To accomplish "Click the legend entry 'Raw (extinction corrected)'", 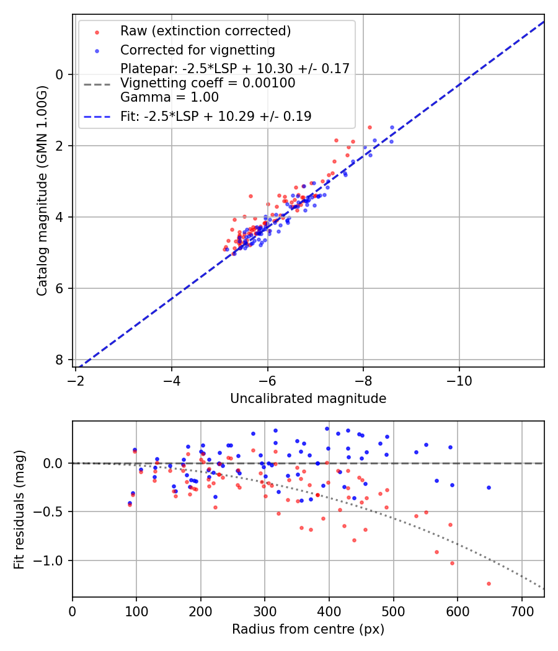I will (x=205, y=31).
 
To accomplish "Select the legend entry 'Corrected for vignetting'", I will (x=198, y=50).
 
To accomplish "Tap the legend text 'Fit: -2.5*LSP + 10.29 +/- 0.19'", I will (x=216, y=116).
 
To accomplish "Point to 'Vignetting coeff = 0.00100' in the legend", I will (x=208, y=82).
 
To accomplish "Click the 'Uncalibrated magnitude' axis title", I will (x=308, y=399).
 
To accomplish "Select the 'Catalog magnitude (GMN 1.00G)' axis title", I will (x=42, y=216).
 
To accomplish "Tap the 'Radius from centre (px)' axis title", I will (x=308, y=629).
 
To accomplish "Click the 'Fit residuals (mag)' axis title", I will (x=19, y=509).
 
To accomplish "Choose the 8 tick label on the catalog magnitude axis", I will (x=60, y=360).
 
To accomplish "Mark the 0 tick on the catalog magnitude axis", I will (x=60, y=74).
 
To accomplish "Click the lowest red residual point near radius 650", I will (x=489, y=583).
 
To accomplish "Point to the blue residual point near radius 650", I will (x=489, y=487).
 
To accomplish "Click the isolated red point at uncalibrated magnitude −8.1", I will (x=370, y=127).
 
